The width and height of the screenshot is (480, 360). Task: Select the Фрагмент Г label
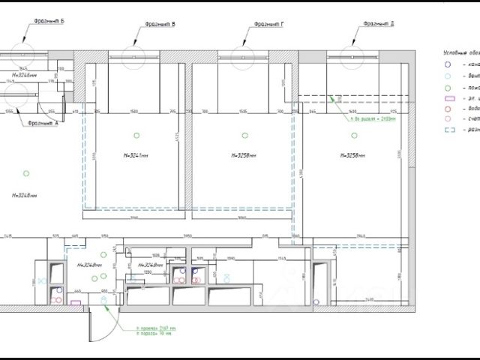268,24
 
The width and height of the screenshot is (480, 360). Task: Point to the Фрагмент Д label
379,24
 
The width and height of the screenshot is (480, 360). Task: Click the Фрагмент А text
42,122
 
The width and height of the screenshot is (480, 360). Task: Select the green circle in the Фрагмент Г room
244,134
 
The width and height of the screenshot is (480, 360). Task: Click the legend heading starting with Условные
459,52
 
